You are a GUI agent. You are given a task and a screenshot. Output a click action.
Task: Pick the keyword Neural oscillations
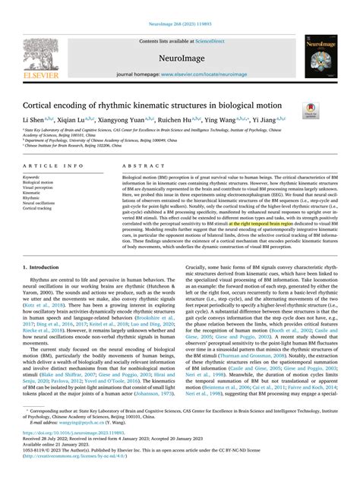coord(41,203)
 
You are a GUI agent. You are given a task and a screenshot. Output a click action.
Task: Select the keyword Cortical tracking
coord(39,209)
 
